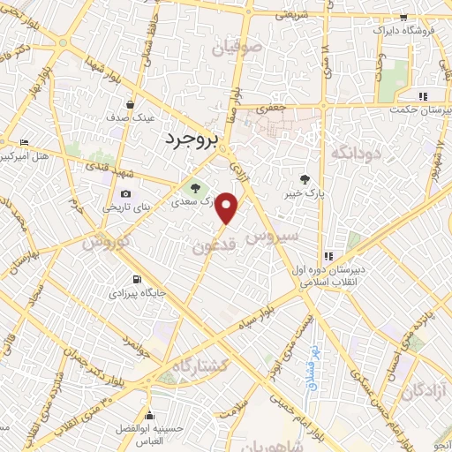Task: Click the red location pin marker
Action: pos(228,208)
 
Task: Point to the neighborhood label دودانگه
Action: pos(354,152)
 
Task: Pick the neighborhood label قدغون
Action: pos(212,248)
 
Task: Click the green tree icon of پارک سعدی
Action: pos(194,186)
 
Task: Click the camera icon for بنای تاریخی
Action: pos(125,194)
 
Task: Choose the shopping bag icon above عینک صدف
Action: pos(131,104)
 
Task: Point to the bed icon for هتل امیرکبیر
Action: pos(24,142)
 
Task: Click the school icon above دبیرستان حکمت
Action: pos(423,96)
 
